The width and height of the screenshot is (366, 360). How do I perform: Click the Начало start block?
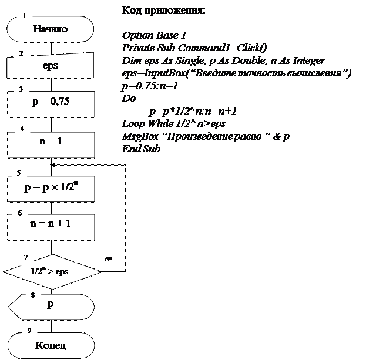(51, 28)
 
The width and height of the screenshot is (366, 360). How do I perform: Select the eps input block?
(51, 66)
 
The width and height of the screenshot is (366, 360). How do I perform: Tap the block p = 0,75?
(51, 101)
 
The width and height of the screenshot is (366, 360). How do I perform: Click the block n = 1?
(51, 142)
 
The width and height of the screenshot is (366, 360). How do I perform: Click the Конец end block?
(51, 344)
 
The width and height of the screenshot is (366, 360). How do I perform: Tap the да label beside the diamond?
(109, 257)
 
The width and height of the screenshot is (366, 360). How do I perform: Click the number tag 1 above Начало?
(24, 16)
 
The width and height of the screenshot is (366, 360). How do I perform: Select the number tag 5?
(19, 173)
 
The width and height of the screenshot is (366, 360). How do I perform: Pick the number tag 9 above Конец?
(29, 330)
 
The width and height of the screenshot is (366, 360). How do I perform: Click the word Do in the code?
(127, 99)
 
